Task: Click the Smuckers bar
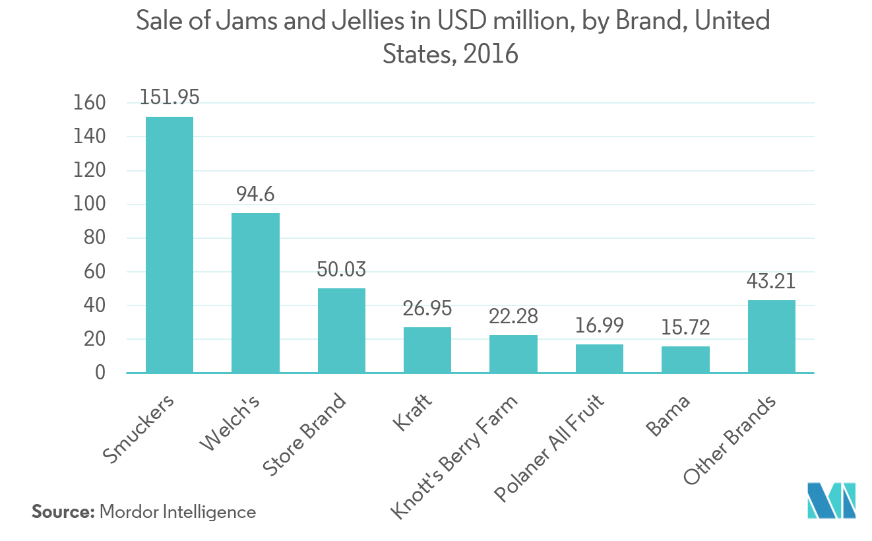170,245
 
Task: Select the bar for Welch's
255,293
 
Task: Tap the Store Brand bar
341,331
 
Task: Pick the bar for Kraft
427,350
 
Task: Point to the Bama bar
685,360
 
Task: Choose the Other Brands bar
771,336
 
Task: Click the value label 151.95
170,98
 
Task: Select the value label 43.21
771,282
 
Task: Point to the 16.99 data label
600,325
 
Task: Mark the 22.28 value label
513,316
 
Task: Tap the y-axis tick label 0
100,373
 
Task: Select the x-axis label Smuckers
139,429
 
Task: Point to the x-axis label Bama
669,417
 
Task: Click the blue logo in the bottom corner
831,501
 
